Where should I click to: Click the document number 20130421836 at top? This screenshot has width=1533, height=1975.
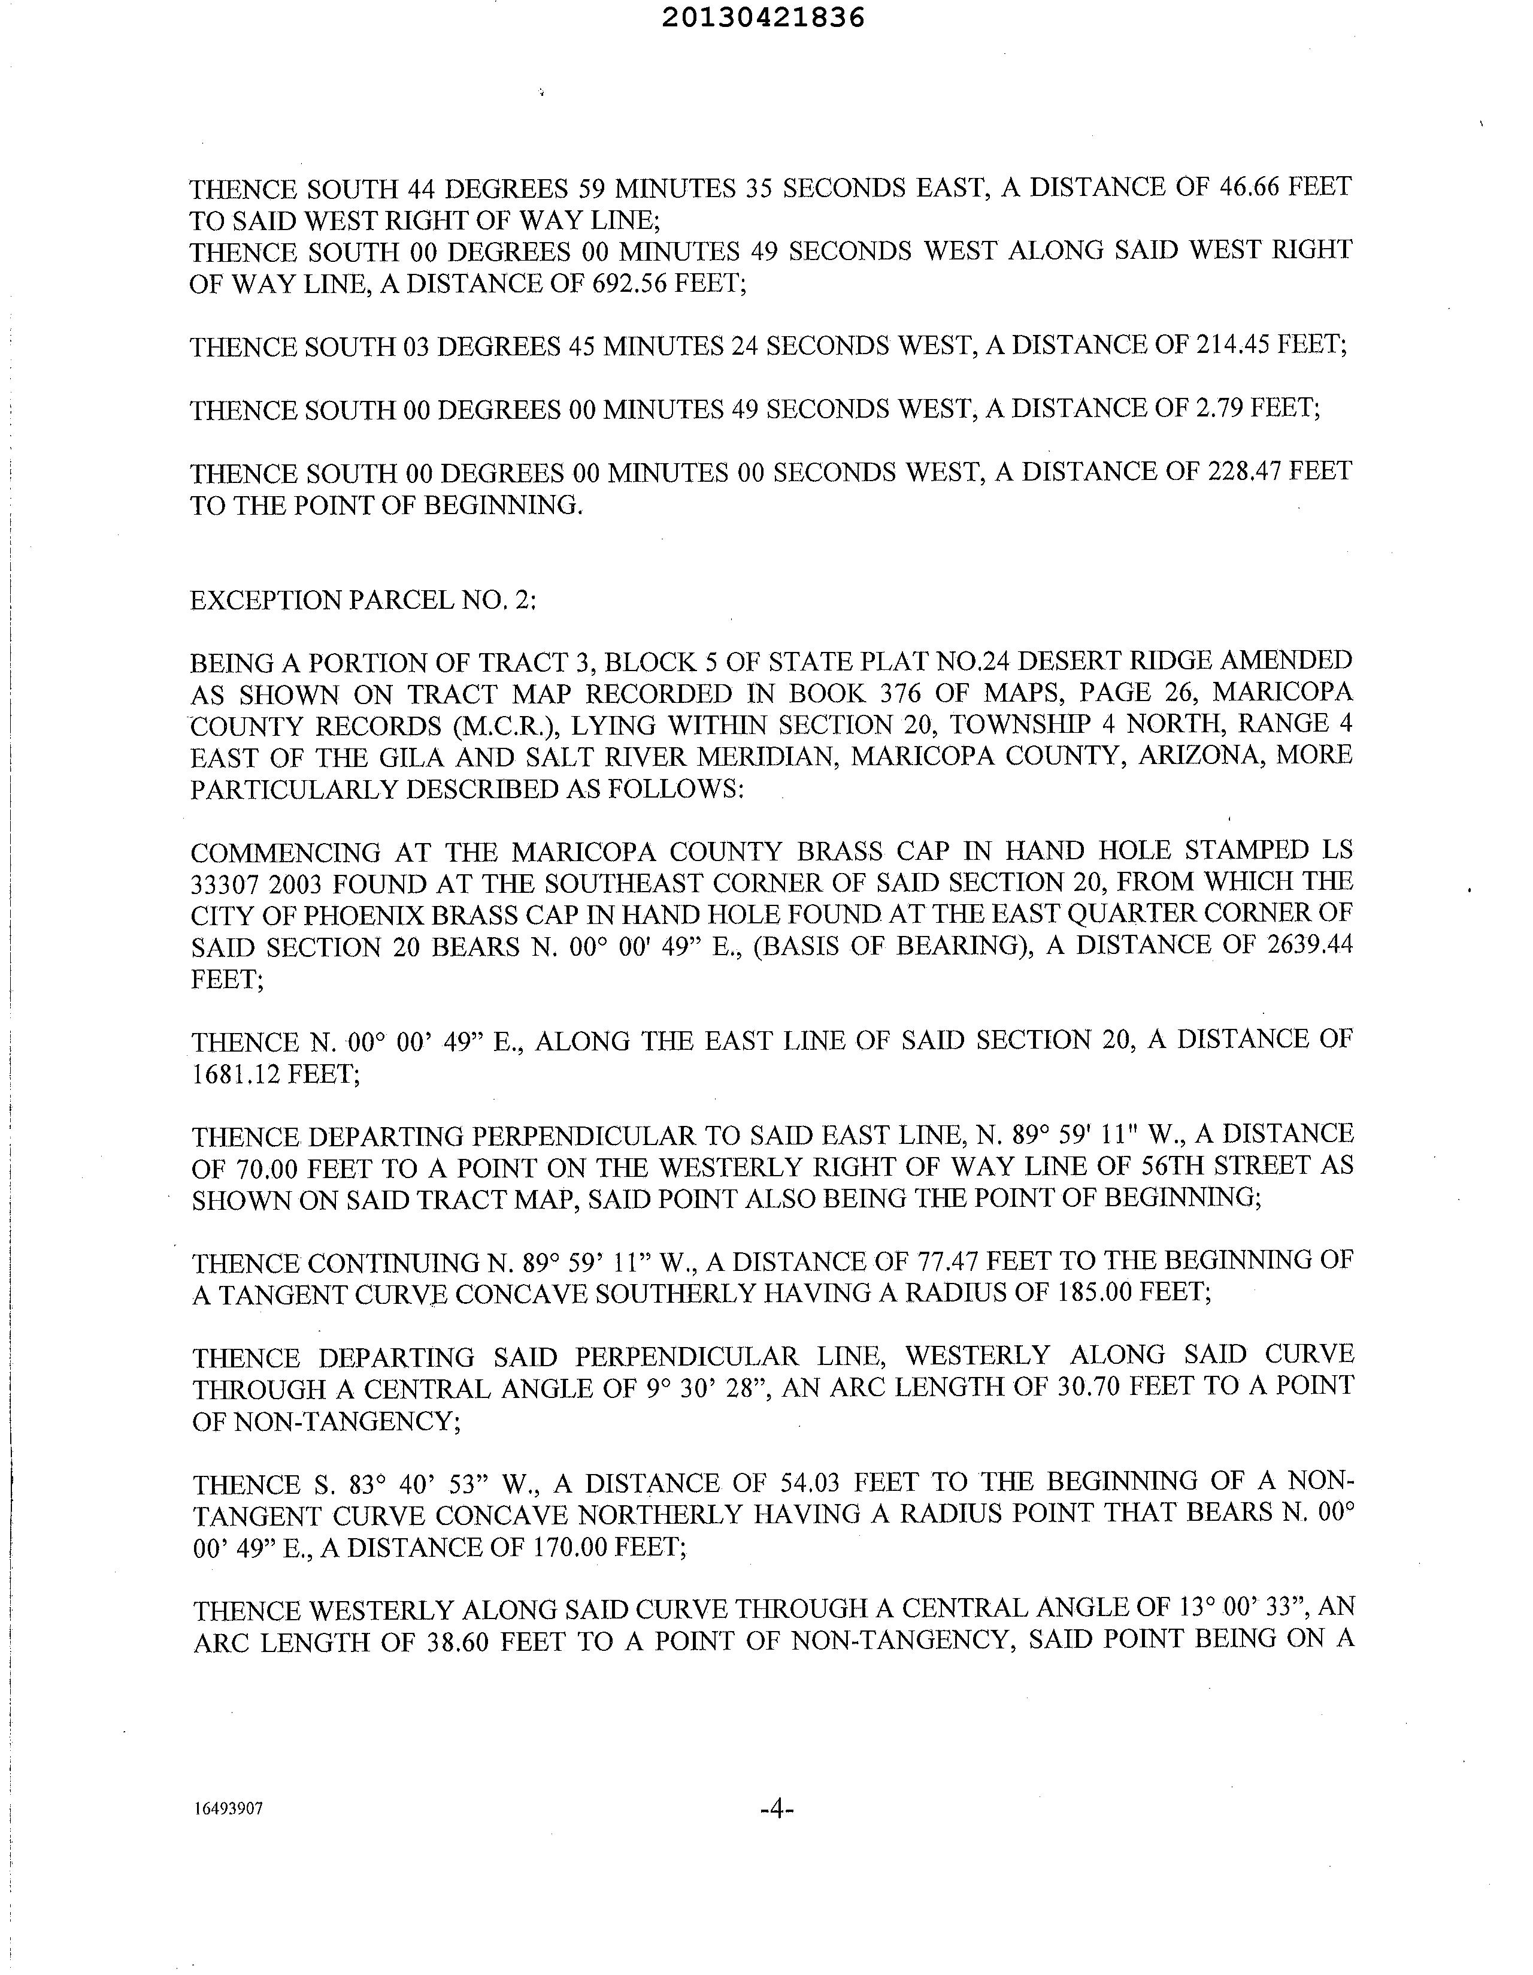click(x=764, y=18)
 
